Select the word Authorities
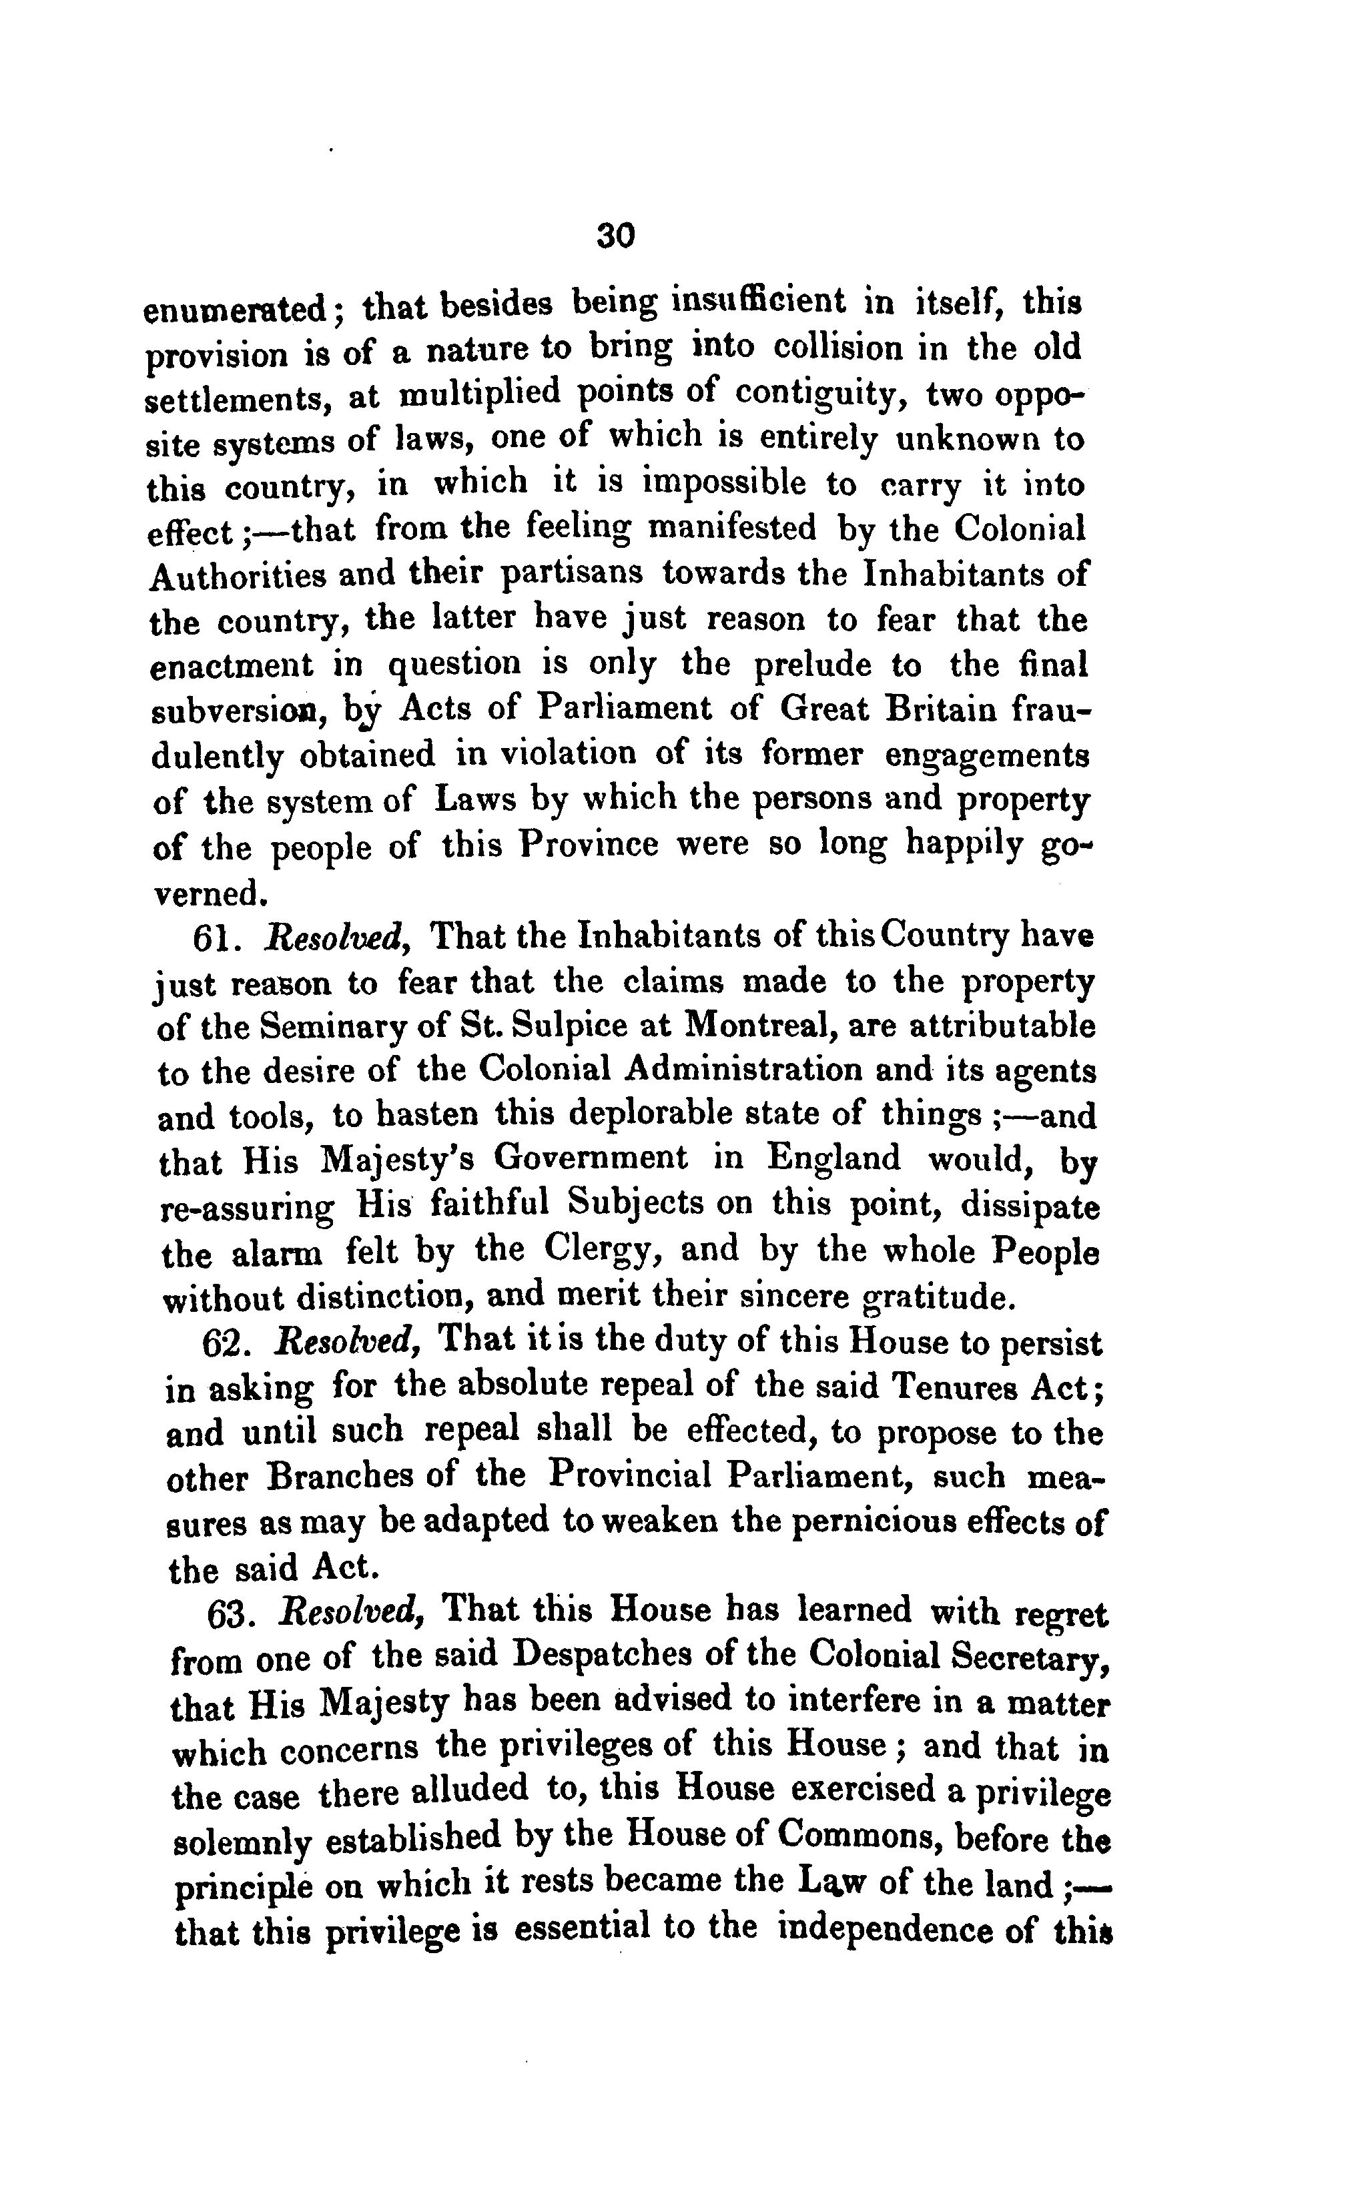click(238, 575)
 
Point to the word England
click(833, 1158)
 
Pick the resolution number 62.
click(223, 1343)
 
